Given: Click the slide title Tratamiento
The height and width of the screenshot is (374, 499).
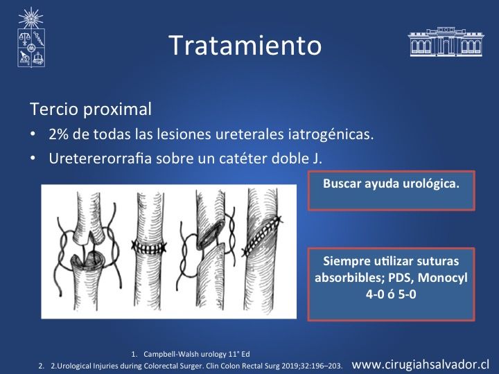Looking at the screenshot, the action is tap(245, 45).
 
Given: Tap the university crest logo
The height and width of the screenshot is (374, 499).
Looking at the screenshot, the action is tap(31, 37).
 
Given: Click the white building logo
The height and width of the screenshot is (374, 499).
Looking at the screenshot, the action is tap(446, 42).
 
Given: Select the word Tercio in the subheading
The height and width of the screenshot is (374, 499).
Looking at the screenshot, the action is tap(54, 109).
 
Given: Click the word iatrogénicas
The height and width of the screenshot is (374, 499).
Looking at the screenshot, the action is tap(331, 134).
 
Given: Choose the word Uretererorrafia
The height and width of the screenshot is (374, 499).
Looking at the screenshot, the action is tap(100, 159).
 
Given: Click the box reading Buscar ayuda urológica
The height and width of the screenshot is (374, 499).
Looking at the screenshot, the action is tap(391, 190).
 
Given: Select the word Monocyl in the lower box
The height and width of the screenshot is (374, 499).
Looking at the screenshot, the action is tap(442, 278).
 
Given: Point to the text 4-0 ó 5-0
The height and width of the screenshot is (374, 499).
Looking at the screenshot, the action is tap(391, 294).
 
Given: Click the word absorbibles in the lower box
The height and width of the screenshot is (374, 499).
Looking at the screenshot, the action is tap(349, 278).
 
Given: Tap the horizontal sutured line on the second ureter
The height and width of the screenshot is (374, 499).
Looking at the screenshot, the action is tap(148, 247).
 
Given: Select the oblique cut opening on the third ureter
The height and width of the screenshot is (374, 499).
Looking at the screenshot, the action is tap(209, 235).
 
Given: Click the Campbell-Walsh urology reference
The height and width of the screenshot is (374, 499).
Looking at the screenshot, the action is tap(196, 354).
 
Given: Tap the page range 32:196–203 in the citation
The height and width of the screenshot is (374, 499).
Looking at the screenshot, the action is tap(320, 366).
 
